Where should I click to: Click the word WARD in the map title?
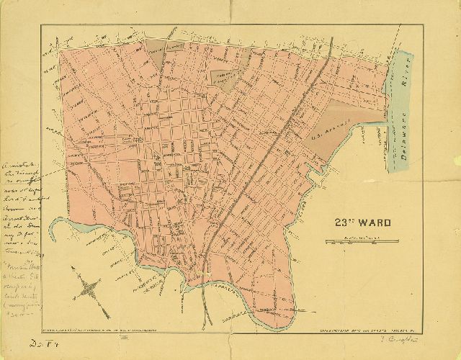(372, 223)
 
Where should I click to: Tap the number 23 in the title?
(341, 223)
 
